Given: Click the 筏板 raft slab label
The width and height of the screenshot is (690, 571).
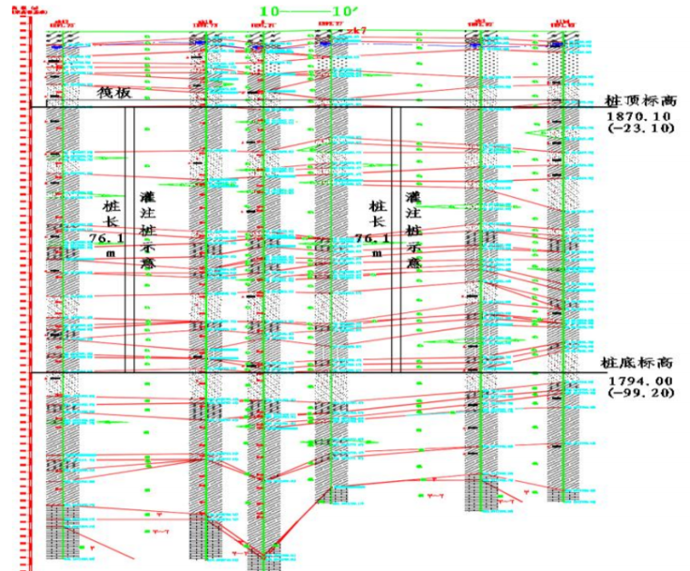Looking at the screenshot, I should pos(115,93).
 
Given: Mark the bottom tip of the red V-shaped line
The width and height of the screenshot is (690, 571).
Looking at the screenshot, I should pos(263,555).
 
